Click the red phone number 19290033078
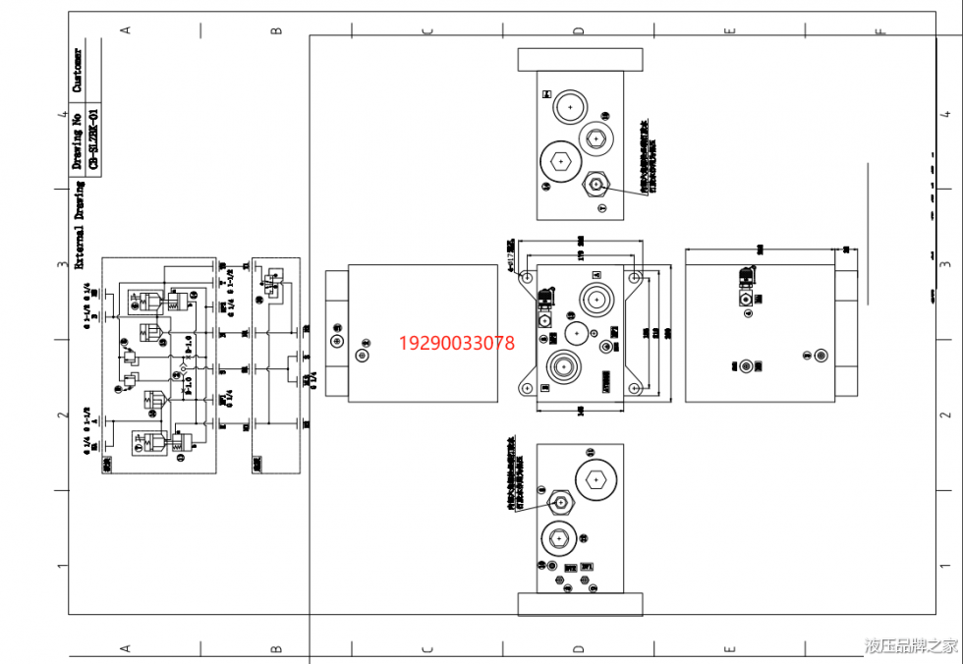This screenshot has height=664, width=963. click(456, 343)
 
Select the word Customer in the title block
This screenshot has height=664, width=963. click(78, 70)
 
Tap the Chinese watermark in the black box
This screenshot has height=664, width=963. click(911, 645)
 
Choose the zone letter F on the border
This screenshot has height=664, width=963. click(879, 29)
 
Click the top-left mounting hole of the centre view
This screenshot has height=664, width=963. click(529, 278)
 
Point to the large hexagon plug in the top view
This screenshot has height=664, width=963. click(559, 162)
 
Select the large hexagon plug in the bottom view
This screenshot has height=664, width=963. click(596, 480)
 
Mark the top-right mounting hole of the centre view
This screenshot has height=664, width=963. click(635, 278)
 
